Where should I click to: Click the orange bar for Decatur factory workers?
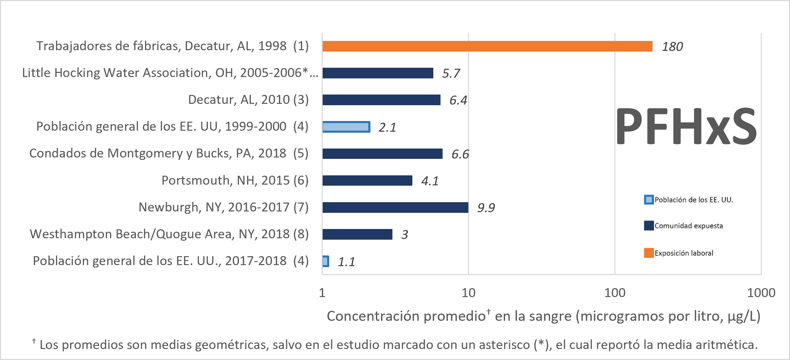(x=487, y=46)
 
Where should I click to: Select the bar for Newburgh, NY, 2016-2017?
(x=395, y=208)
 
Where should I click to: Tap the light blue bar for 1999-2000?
(x=346, y=127)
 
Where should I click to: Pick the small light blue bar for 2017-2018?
(x=326, y=261)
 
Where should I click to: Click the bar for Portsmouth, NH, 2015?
(x=367, y=181)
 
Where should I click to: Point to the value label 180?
(x=672, y=47)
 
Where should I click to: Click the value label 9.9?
(x=486, y=208)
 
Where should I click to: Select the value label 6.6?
(x=460, y=154)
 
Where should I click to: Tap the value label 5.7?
(x=450, y=74)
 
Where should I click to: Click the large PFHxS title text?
(x=686, y=127)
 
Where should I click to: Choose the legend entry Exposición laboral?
(x=683, y=253)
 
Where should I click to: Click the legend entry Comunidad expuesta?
(x=688, y=226)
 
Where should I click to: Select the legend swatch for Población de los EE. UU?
(x=649, y=200)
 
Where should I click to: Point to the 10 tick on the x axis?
(x=468, y=293)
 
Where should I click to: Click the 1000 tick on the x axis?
(x=761, y=293)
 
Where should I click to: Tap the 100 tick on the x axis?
(x=615, y=293)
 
